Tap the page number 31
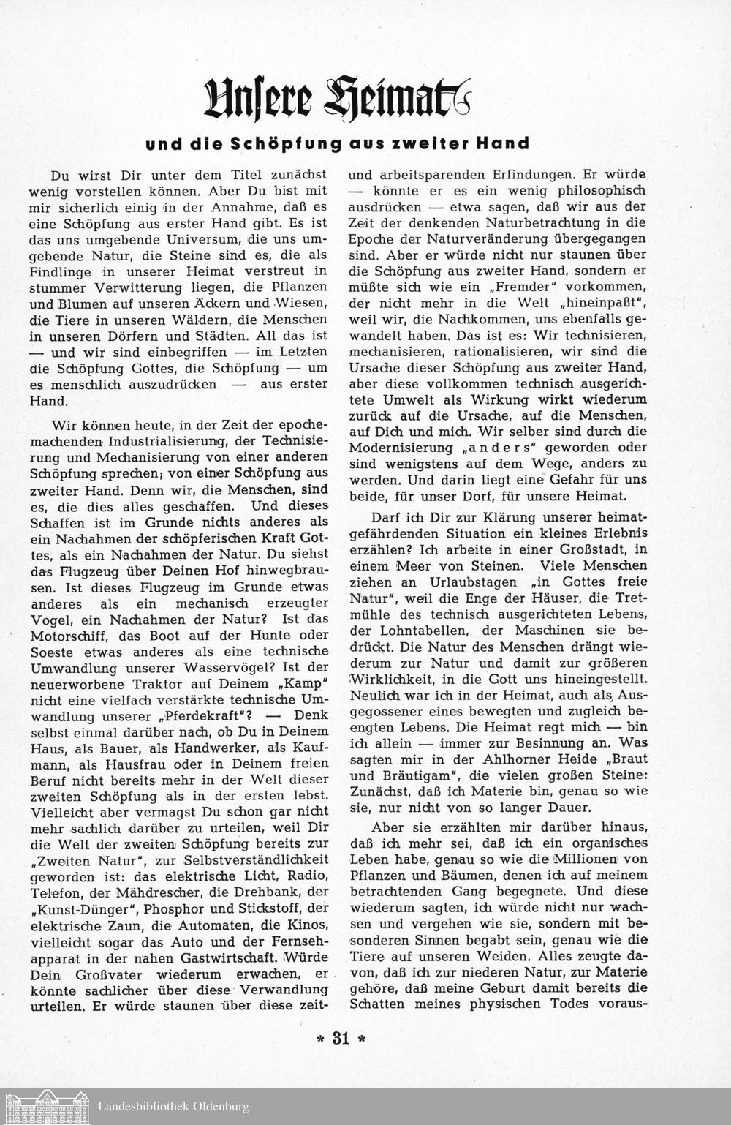pos(341,1039)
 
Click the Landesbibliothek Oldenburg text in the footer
pos(173,1107)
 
